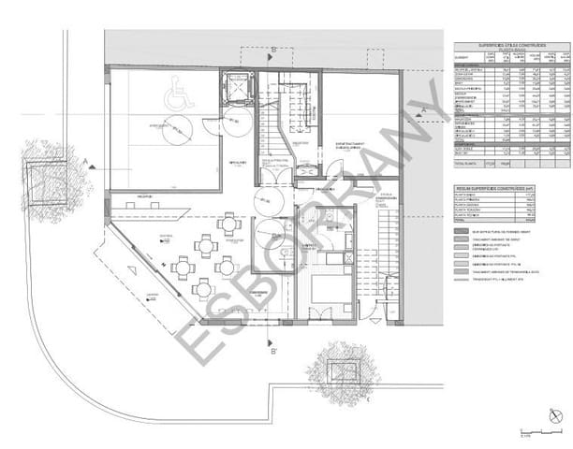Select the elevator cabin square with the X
click(x=232, y=90)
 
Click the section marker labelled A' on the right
click(x=423, y=112)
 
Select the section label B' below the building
click(x=273, y=353)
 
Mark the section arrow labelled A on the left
click(x=86, y=161)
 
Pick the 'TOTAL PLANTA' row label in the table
click(x=469, y=163)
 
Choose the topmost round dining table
click(x=228, y=223)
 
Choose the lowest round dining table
click(x=201, y=288)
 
